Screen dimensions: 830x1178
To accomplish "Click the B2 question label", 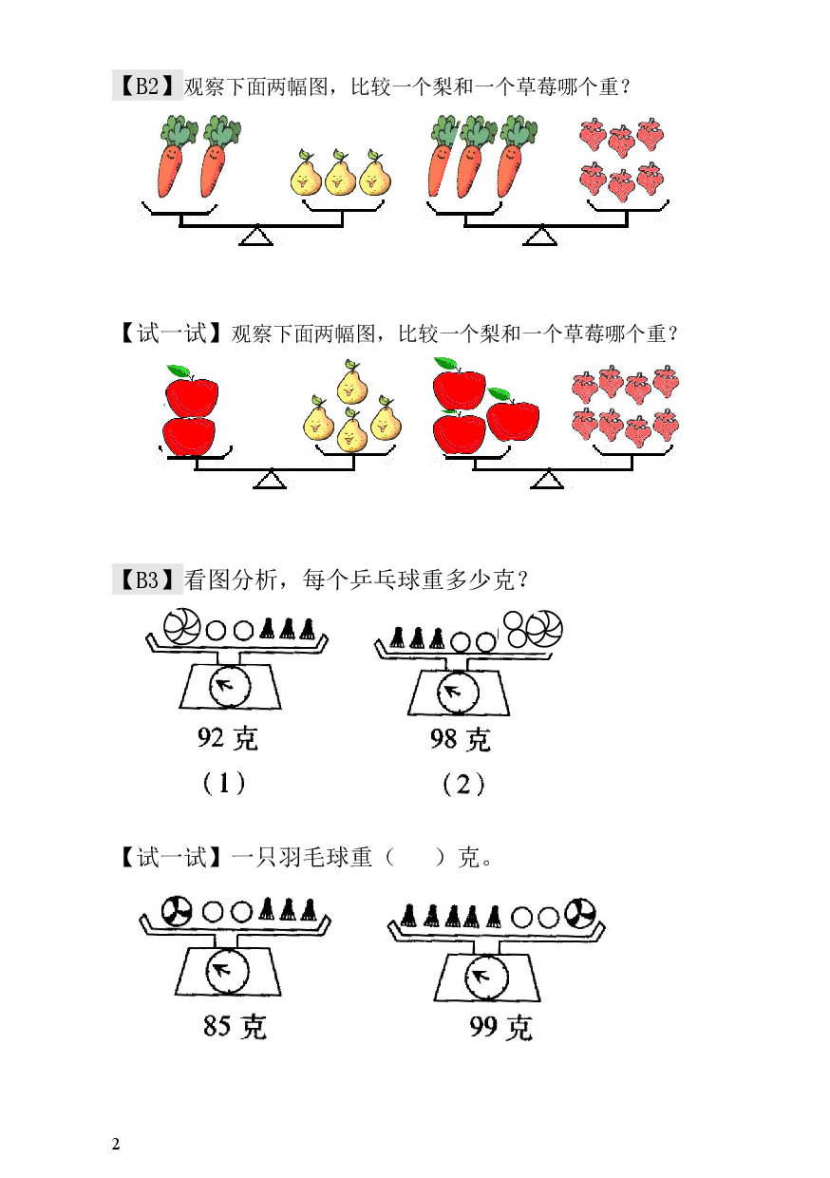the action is (x=147, y=85).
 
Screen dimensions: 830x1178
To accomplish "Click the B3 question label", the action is (x=147, y=579).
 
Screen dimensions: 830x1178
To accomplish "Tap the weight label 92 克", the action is (x=228, y=738).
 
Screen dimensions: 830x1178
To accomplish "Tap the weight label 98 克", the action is (x=460, y=739).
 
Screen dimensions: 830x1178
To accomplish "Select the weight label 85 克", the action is (x=235, y=1025).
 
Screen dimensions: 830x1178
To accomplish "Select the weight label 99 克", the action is (x=500, y=1027).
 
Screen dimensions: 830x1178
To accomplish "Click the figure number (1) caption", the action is (x=224, y=784).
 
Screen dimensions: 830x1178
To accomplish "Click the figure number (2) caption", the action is (x=463, y=785).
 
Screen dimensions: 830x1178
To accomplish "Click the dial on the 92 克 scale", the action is (x=230, y=686).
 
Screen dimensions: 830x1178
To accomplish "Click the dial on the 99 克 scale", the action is (x=486, y=978).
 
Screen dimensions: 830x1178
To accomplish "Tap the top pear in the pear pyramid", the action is (x=351, y=382).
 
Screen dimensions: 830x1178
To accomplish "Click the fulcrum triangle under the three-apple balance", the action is (x=547, y=479).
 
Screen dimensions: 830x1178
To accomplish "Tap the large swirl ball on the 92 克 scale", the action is (x=182, y=626).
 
